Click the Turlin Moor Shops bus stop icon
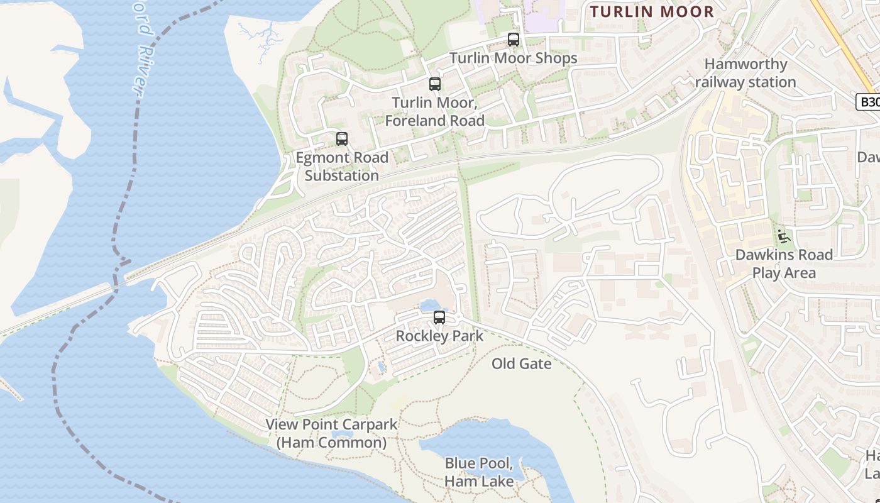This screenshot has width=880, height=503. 514,40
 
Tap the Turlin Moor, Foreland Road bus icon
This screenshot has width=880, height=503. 434,84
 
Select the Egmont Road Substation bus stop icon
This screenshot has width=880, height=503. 342,138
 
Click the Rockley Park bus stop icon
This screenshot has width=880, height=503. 439,318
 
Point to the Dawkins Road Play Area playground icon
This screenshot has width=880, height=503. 783,236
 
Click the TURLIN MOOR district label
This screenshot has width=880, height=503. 652,11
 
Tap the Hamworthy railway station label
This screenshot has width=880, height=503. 745,73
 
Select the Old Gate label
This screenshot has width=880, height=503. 521,363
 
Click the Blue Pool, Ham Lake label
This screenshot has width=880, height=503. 479,472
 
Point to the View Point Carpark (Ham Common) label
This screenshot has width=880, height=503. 331,433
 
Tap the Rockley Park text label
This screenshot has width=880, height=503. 439,336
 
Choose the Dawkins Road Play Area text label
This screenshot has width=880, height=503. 784,263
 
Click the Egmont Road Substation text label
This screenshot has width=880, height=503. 342,166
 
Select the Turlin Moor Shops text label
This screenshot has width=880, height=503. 513,58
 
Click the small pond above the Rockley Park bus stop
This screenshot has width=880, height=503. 432,305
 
